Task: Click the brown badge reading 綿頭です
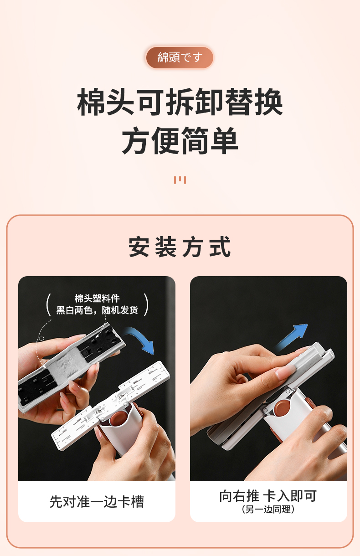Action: tap(180, 57)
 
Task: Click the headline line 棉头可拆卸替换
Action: tap(180, 102)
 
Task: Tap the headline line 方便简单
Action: tap(180, 140)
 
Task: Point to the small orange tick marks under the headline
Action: tap(180, 180)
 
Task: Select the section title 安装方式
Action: tap(180, 247)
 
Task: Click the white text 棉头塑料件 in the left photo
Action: tap(97, 299)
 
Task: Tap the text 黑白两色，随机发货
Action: tap(97, 310)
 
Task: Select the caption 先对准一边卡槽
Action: tap(97, 502)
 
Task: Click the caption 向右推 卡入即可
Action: tap(268, 496)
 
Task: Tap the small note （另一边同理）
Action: tap(268, 510)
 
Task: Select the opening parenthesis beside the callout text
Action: tap(48, 304)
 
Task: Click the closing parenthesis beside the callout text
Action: tap(146, 304)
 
